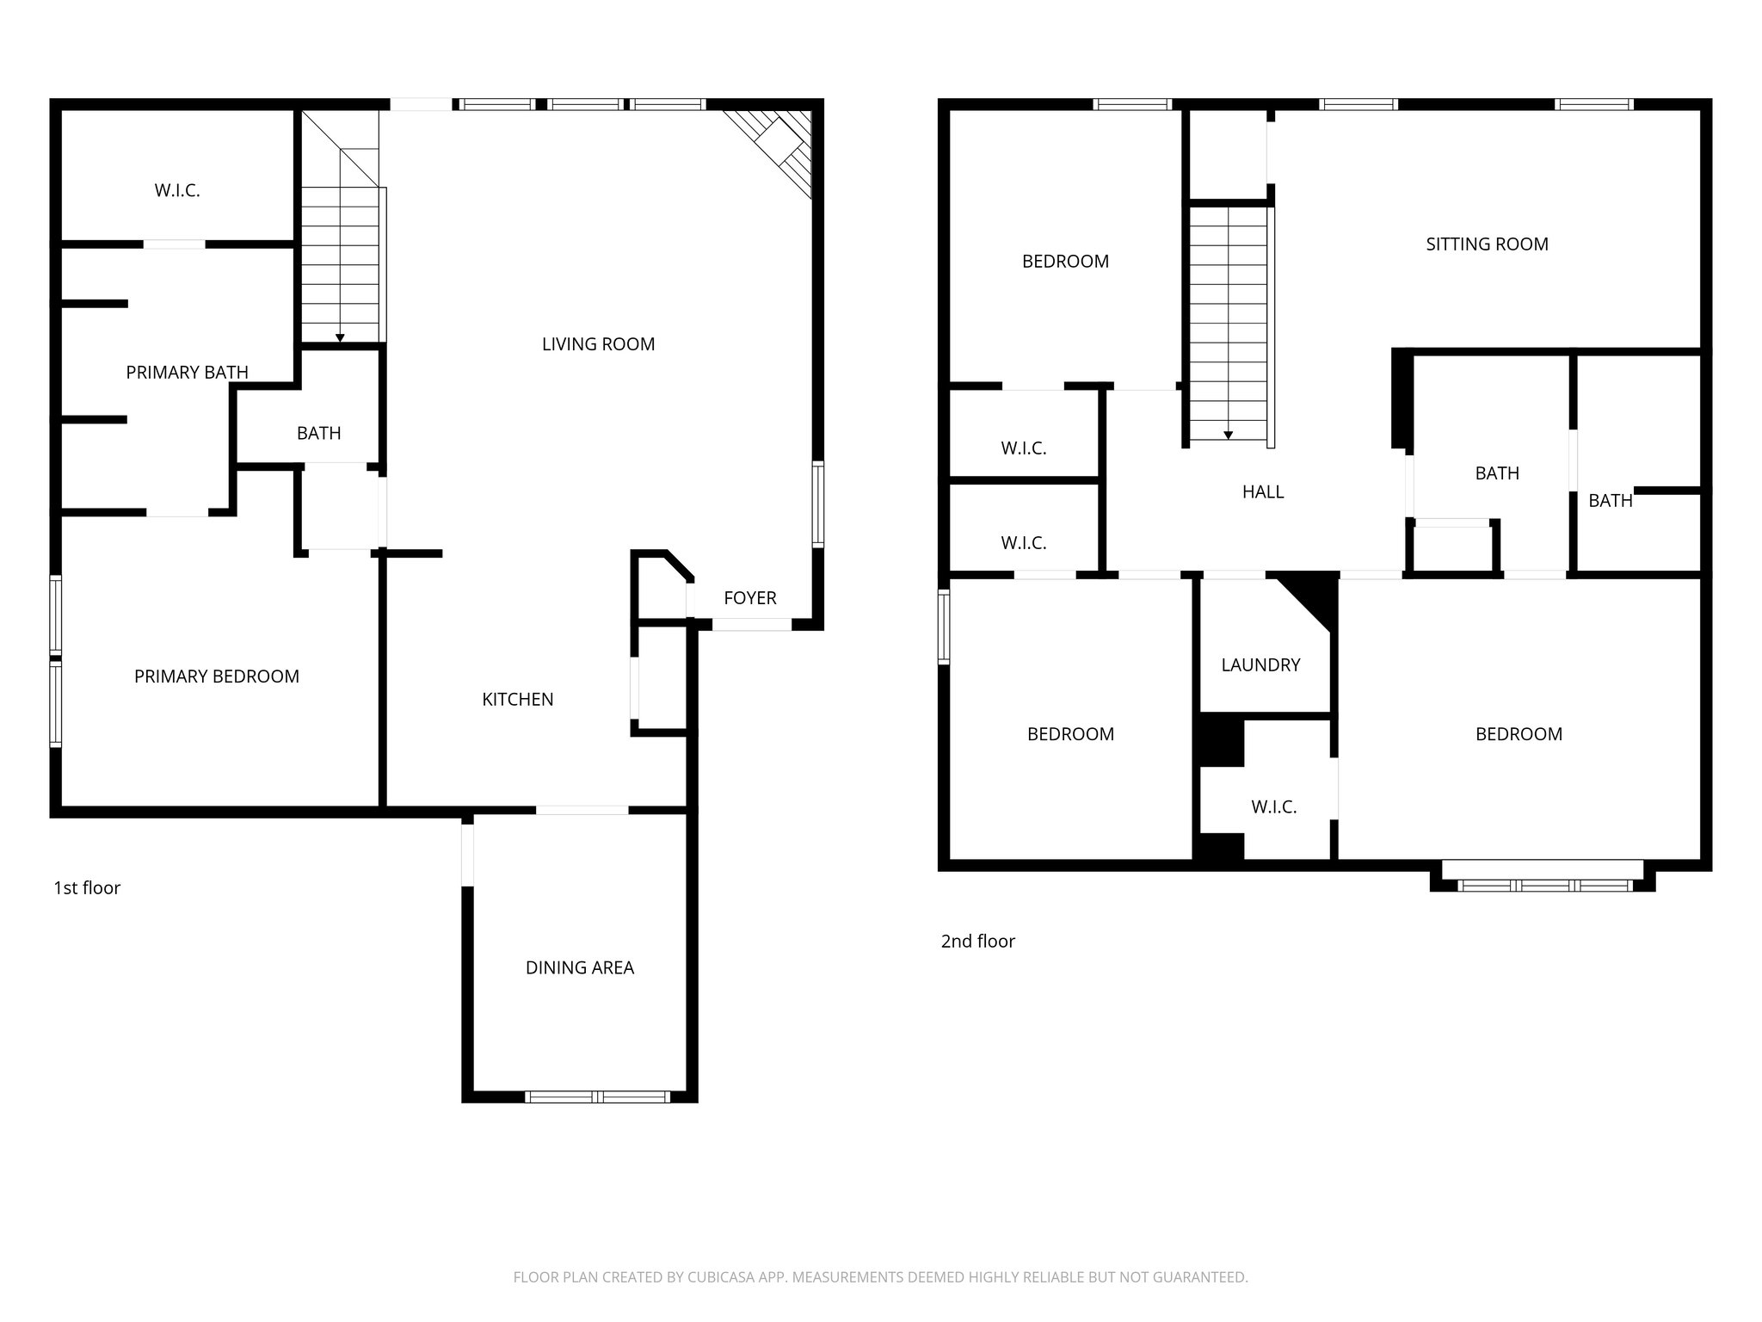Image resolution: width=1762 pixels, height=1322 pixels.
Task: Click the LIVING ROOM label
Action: [598, 344]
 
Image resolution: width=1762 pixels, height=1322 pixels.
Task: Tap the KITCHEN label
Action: [517, 700]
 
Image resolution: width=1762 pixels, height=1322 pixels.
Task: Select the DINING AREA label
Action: [579, 967]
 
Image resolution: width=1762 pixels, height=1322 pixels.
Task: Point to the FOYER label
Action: [749, 598]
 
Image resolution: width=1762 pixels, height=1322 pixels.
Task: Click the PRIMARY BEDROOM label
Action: [216, 676]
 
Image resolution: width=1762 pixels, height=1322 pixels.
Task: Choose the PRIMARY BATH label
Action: [187, 372]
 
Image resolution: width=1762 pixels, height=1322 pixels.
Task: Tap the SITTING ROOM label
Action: [1487, 244]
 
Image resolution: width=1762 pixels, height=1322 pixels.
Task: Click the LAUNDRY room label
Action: [1260, 665]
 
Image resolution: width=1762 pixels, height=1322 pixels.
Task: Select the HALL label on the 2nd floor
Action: [1262, 492]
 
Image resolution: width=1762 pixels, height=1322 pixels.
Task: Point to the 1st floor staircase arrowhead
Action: [340, 338]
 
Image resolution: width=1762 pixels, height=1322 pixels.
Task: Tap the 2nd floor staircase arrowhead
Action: [1228, 436]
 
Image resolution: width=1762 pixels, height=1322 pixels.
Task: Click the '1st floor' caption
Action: [87, 888]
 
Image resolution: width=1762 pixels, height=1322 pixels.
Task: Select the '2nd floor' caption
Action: [977, 942]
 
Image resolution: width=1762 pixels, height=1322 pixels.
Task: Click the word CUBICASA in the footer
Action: [721, 1277]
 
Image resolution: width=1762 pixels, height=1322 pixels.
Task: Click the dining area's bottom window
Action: [597, 1097]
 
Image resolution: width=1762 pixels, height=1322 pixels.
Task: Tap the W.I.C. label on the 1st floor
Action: [177, 191]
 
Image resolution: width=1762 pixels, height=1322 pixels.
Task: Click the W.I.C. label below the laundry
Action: [1273, 807]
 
